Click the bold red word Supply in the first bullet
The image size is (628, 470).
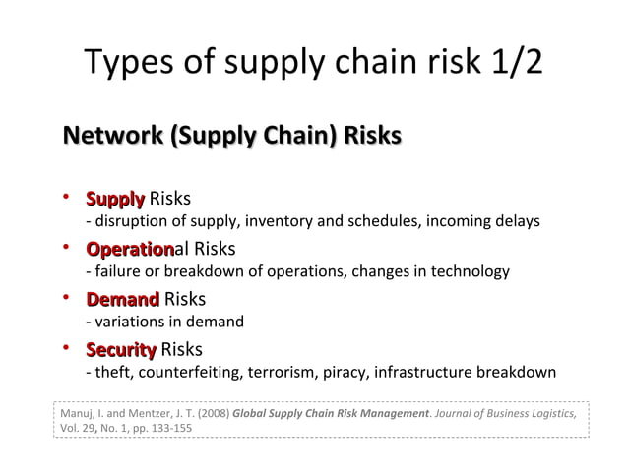pyautogui.click(x=115, y=199)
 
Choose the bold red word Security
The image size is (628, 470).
pyautogui.click(x=120, y=350)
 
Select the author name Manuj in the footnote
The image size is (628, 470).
pyautogui.click(x=73, y=414)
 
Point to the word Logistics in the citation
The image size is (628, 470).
pyautogui.click(x=551, y=414)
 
